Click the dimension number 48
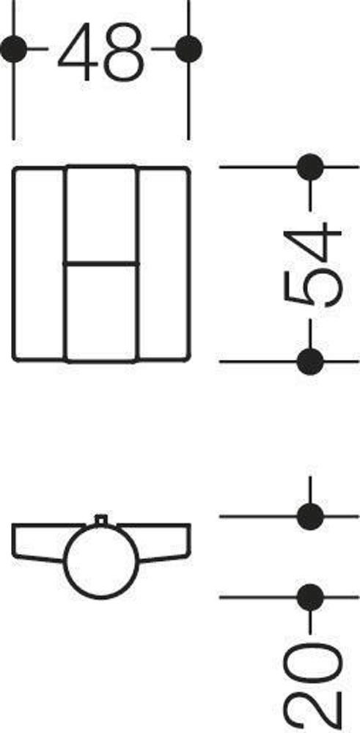pyautogui.click(x=100, y=51)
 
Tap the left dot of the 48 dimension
pyautogui.click(x=13, y=48)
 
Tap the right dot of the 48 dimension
pyautogui.click(x=189, y=48)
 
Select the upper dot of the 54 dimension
pyautogui.click(x=310, y=167)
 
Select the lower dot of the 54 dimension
pyautogui.click(x=310, y=361)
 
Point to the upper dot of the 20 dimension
pyautogui.click(x=310, y=517)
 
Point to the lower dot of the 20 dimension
pyautogui.click(x=310, y=597)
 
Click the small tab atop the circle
pyautogui.click(x=101, y=519)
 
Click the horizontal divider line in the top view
pyautogui.click(x=101, y=265)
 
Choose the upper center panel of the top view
pyautogui.click(x=101, y=215)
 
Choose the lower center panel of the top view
pyautogui.click(x=101, y=313)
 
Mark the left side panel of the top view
pyautogui.click(x=38, y=264)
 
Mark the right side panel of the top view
pyautogui.click(x=164, y=264)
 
